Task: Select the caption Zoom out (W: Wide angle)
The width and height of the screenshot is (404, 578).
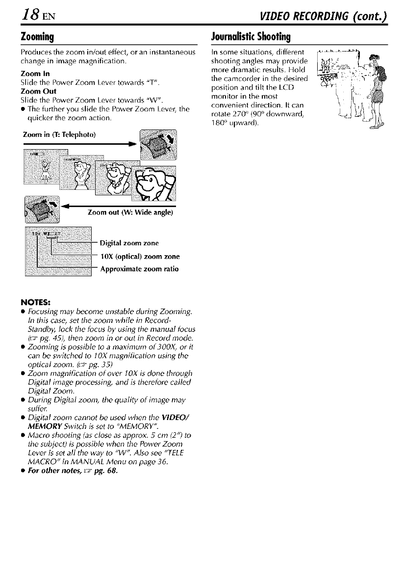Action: click(129, 212)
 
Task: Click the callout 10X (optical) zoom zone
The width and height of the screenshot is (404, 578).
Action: click(139, 256)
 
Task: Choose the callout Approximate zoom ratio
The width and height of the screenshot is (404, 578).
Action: click(139, 269)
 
